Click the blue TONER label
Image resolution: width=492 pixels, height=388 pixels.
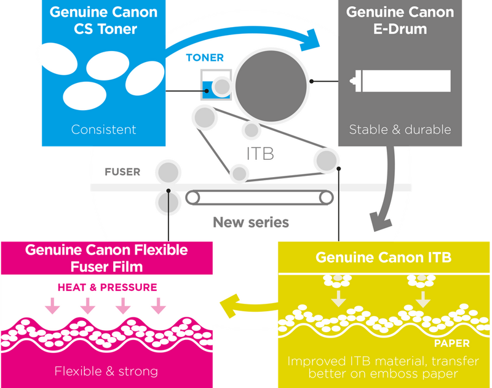205,58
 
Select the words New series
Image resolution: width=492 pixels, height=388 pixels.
250,222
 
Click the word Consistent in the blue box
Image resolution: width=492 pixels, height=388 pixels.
103,129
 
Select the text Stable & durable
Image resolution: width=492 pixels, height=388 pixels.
400,129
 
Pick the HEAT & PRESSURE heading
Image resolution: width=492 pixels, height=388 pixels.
107,287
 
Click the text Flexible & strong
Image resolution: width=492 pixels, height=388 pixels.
106,371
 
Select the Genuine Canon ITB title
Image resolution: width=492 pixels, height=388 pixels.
383,257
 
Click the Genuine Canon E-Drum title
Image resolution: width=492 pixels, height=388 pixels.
399,20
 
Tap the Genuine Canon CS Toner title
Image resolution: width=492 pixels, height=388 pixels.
103,20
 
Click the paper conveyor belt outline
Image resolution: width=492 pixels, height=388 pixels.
260,197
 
